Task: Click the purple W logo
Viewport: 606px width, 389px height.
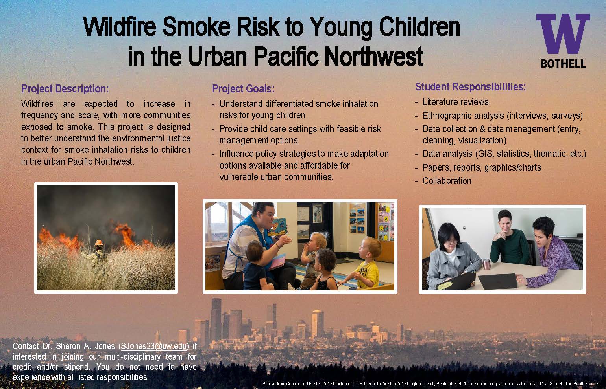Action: [563, 35]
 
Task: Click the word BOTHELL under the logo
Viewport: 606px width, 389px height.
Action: [563, 63]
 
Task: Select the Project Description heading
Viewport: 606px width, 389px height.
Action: [65, 89]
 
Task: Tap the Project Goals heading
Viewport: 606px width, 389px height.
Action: [243, 89]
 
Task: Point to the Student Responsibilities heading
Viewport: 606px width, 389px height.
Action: [471, 87]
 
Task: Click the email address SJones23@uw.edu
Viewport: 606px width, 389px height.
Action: [153, 346]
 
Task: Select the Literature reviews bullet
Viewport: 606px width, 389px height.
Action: [455, 102]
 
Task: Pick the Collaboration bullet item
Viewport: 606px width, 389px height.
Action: [447, 181]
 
